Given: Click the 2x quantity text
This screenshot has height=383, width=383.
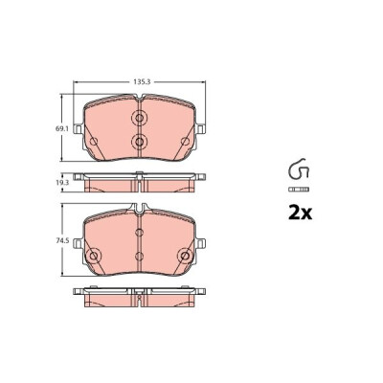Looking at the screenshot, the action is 300,214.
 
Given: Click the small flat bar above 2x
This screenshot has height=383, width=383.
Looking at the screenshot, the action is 299,190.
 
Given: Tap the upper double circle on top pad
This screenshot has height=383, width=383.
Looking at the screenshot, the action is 139,118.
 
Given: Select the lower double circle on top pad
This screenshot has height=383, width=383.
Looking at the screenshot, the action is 139,142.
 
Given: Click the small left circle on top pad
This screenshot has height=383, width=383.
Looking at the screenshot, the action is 94,141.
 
